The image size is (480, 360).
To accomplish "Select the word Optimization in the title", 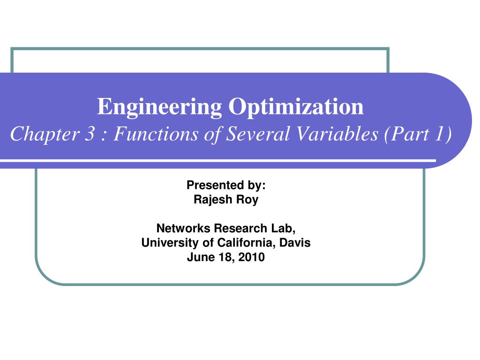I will click(296, 107).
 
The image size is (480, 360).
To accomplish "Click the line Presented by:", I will click(226, 185).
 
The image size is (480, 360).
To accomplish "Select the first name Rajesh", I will click(212, 200).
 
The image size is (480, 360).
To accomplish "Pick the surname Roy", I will click(249, 200).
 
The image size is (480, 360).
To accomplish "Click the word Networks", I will click(184, 228).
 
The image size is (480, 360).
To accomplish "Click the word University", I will click(165, 243).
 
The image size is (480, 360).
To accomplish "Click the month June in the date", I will click(199, 257).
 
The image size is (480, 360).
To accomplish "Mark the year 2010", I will click(252, 257).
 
